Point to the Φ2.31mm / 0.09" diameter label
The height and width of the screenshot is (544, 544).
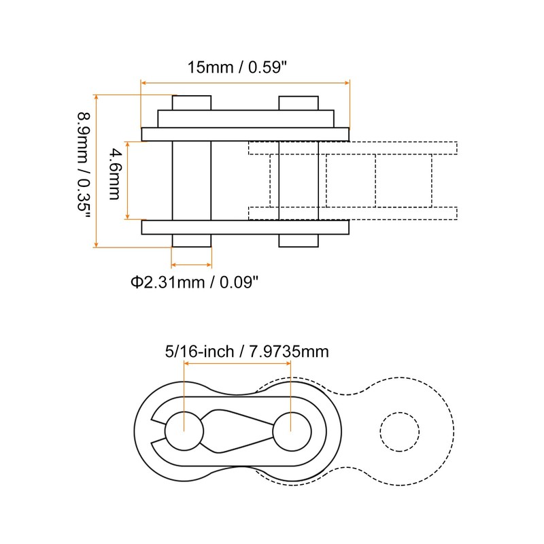195,282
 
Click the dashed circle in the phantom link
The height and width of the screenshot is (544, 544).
400,431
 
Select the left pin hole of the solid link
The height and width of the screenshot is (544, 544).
184,431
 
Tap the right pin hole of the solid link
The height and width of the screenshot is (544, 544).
292,431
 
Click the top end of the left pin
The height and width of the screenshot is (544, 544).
191,103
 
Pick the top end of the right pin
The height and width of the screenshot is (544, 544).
299,103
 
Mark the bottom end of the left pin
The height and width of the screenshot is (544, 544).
191,241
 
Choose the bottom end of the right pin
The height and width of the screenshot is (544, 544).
299,241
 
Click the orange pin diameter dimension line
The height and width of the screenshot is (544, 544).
191,265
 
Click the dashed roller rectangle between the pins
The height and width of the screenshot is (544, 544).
350,180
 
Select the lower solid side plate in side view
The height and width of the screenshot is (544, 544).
245,227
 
